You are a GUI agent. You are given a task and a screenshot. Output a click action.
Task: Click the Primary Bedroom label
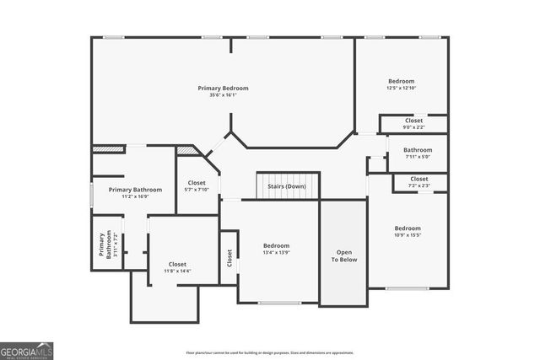223,88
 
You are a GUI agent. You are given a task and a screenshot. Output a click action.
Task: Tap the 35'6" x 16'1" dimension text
223,95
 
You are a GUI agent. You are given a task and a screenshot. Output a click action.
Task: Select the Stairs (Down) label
286,186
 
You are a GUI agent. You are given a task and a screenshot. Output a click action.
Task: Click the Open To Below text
343,255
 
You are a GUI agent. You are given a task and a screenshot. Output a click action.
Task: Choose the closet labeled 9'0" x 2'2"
413,124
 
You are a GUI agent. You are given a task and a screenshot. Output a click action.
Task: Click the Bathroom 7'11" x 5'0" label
417,153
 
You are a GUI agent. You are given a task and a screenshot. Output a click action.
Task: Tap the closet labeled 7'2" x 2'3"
419,182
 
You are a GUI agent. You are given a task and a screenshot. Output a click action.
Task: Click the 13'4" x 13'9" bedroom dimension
276,253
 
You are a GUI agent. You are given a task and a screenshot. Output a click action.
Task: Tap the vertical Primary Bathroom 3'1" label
105,250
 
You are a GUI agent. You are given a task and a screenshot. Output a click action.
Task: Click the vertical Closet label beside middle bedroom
229,258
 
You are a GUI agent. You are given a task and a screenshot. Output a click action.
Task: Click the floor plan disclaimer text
270,352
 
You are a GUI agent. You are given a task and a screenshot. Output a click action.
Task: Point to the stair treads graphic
287,189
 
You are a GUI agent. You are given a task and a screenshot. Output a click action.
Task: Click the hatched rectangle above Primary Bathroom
102,149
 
